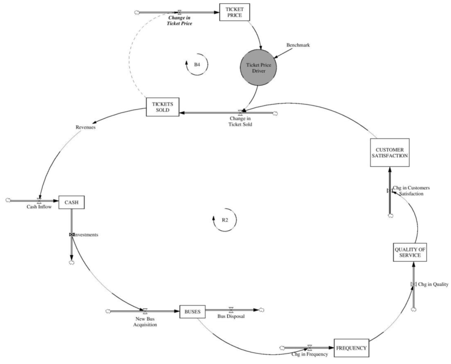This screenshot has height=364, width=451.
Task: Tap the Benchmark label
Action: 298,45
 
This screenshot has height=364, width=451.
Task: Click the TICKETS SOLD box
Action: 163,107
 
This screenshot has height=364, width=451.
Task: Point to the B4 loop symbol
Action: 196,64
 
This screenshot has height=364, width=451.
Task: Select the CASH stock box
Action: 71,202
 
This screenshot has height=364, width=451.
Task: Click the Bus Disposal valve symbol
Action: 231,310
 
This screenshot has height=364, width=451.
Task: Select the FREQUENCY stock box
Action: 351,348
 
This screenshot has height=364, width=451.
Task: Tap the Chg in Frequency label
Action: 310,354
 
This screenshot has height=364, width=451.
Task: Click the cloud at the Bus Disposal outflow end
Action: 262,310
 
